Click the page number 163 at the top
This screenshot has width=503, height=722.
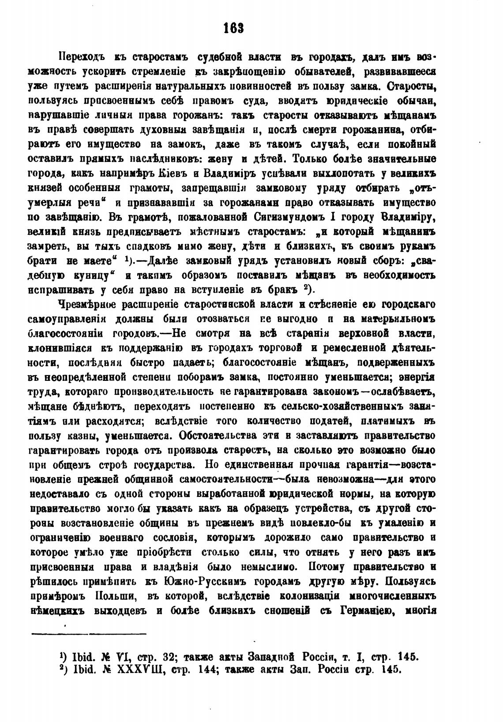[x=233, y=27]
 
